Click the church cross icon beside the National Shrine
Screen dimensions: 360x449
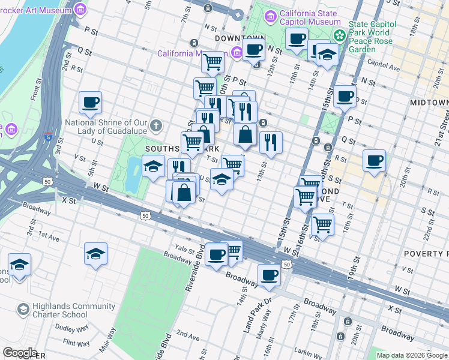(x=156, y=125)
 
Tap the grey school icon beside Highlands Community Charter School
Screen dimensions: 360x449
(x=23, y=310)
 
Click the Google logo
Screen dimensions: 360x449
(x=19, y=353)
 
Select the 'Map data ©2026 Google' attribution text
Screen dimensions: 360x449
(x=412, y=355)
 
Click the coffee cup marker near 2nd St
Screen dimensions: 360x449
(x=90, y=103)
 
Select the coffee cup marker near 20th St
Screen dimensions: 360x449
(x=374, y=161)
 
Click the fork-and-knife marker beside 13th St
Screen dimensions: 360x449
(x=271, y=143)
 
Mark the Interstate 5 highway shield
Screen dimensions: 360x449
(x=46, y=137)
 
